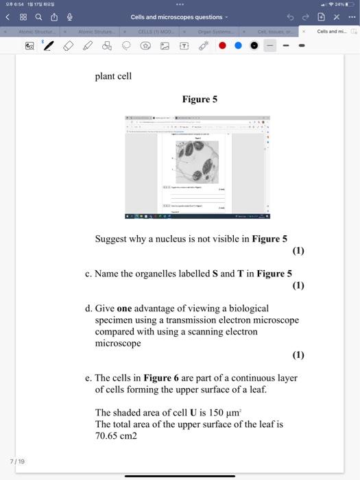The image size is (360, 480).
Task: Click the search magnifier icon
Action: (37, 16)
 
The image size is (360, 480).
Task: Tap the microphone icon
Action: (69, 16)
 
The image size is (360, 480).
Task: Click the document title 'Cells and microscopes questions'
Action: (177, 17)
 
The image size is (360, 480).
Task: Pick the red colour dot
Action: (222, 46)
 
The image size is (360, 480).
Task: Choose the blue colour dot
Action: (238, 46)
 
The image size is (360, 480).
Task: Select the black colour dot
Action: (254, 46)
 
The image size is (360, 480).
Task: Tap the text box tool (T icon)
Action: (184, 46)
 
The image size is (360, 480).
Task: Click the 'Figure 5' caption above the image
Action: (200, 99)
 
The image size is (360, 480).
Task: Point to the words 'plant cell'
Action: (113, 76)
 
